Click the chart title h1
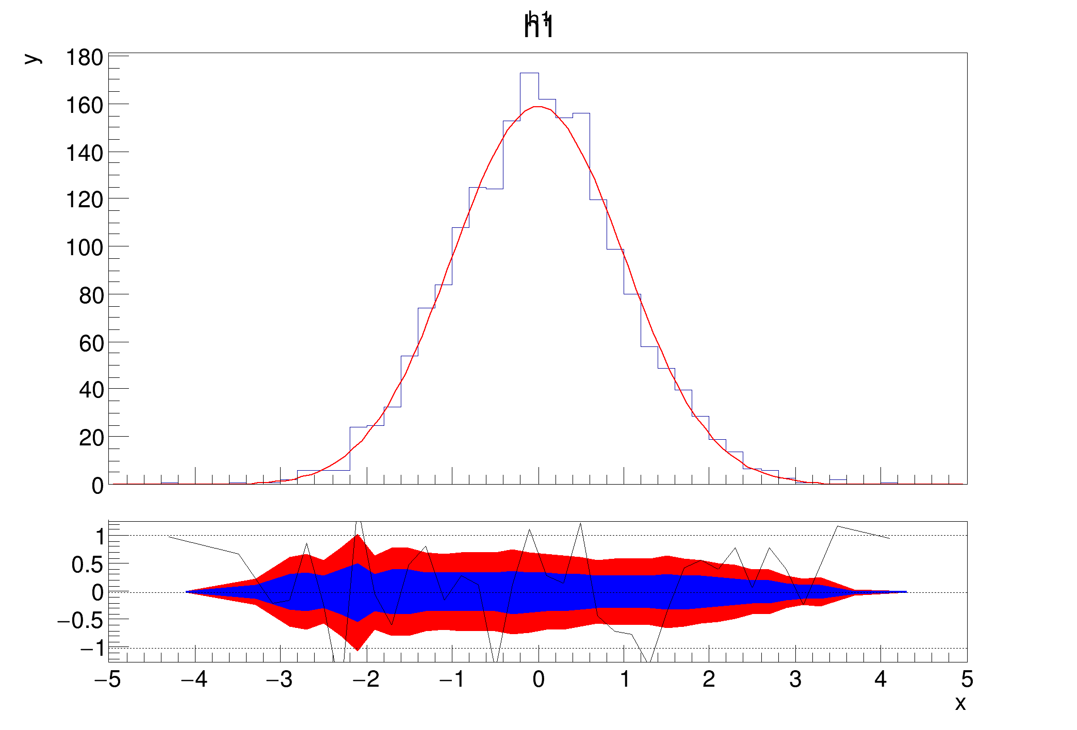pos(538,26)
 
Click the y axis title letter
pos(32,58)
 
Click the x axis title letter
pos(959,703)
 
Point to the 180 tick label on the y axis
pos(84,58)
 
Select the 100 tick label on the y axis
pos(84,248)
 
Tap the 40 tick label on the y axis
pos(91,390)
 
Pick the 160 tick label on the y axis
pos(84,106)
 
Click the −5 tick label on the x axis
pos(107,679)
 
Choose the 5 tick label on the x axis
pos(967,679)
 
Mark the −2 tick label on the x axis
pos(366,679)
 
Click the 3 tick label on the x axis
pos(795,679)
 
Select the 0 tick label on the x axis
pos(538,679)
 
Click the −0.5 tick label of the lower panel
pos(80,621)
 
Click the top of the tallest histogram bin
pos(529,73)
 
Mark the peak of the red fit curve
pos(537,107)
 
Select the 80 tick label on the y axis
pos(91,296)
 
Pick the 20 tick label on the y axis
pos(91,438)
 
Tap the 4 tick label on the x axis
pos(880,679)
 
